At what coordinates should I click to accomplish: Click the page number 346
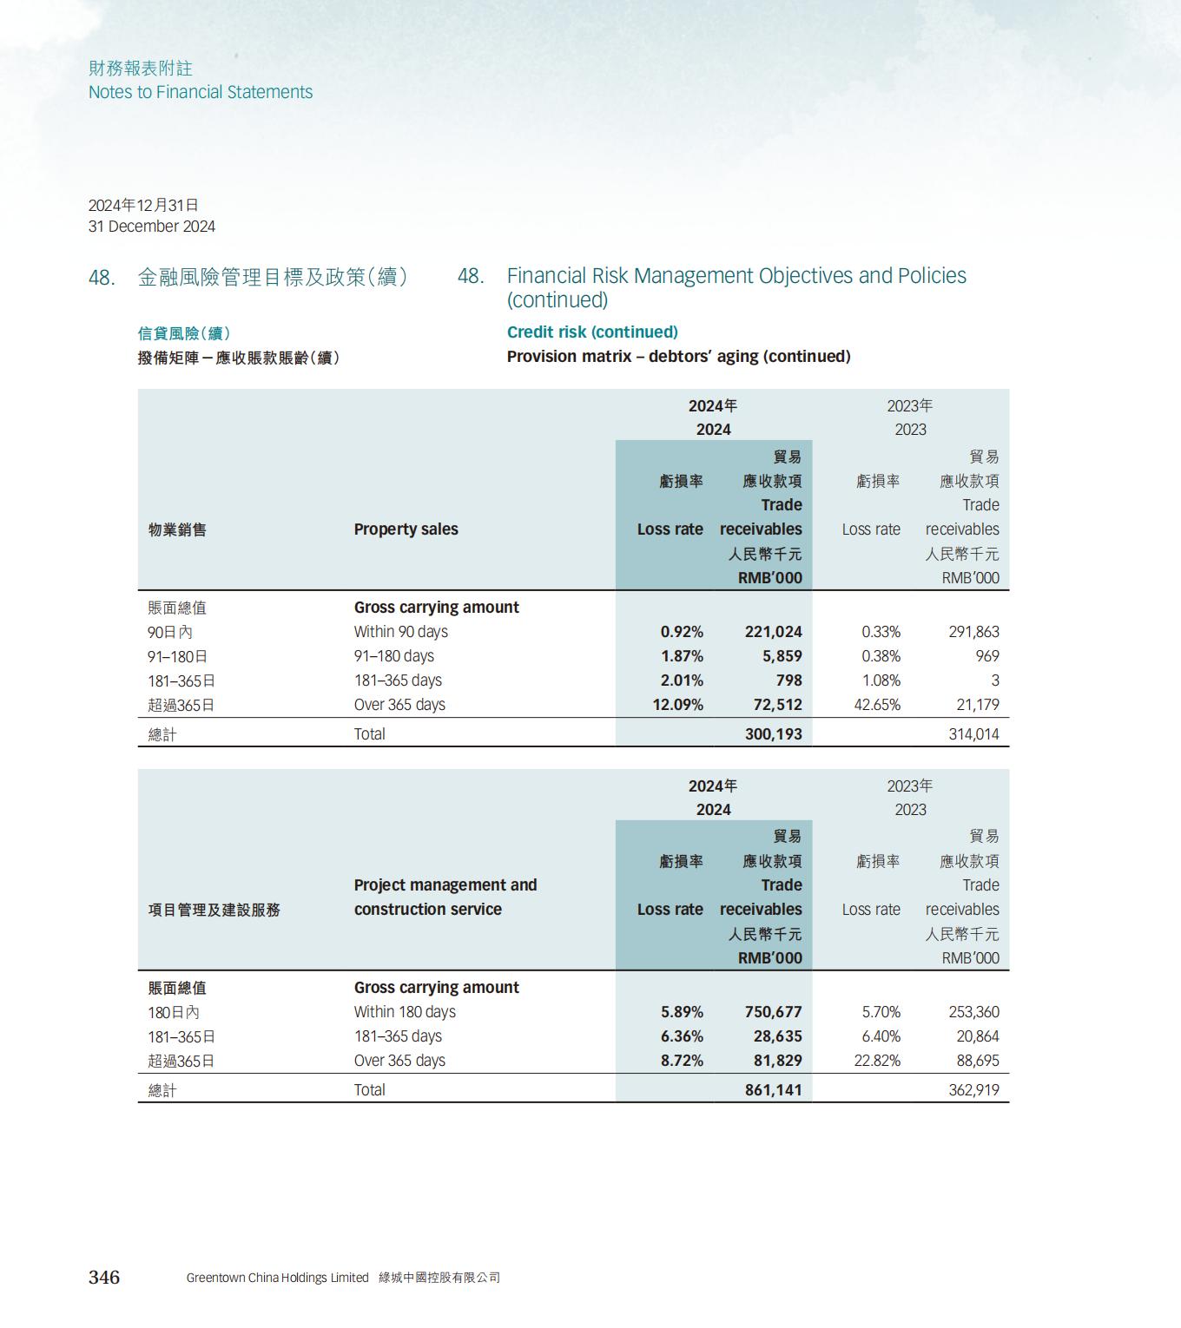104,1277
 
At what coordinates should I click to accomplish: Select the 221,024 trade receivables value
773,632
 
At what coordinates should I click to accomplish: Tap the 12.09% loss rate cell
677,705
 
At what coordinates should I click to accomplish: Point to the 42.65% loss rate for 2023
877,705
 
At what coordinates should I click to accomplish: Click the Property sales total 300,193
773,734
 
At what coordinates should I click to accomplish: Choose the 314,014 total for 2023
973,734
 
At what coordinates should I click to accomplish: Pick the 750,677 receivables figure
773,1012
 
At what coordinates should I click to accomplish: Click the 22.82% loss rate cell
877,1061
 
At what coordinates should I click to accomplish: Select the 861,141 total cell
773,1090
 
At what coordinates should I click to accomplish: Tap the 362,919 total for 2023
973,1090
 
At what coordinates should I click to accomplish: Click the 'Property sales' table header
406,529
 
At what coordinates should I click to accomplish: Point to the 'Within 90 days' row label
400,632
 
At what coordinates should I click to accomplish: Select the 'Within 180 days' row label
405,1012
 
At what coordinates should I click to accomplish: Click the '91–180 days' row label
393,656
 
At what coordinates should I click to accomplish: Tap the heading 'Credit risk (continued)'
592,332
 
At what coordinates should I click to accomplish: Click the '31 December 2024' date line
152,227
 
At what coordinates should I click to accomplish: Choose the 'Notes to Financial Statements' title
201,92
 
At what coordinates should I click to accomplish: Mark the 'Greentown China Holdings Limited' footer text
277,1278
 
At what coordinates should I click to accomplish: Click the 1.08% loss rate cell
881,680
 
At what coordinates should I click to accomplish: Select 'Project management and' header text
445,885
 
